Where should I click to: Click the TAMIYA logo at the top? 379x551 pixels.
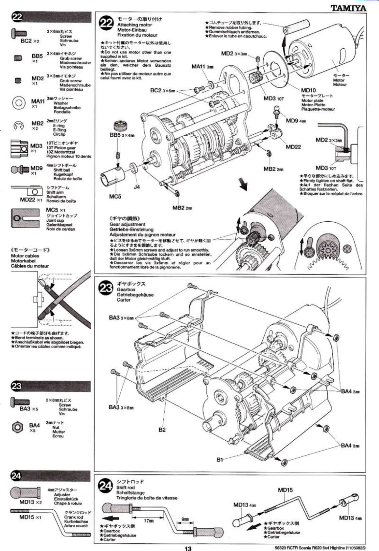pos(348,8)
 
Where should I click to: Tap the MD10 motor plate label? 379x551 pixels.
pos(308,90)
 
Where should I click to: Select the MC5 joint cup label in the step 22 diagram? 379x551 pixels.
pos(115,196)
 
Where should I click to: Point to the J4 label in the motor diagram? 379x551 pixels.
pos(137,187)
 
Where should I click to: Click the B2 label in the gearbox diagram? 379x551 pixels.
pos(162,430)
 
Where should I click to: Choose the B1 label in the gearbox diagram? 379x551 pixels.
pos(220,459)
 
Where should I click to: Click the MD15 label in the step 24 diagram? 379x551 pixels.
pos(285,490)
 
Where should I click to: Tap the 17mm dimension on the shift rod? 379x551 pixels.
pos(149,521)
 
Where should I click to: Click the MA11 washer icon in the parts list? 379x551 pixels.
pos(19,103)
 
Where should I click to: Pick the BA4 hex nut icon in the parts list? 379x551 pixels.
pos(17,427)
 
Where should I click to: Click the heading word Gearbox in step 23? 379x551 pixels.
pos(126,290)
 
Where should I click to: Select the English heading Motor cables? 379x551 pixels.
pos(25,255)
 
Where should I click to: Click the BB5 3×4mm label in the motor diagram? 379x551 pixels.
pos(121,135)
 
